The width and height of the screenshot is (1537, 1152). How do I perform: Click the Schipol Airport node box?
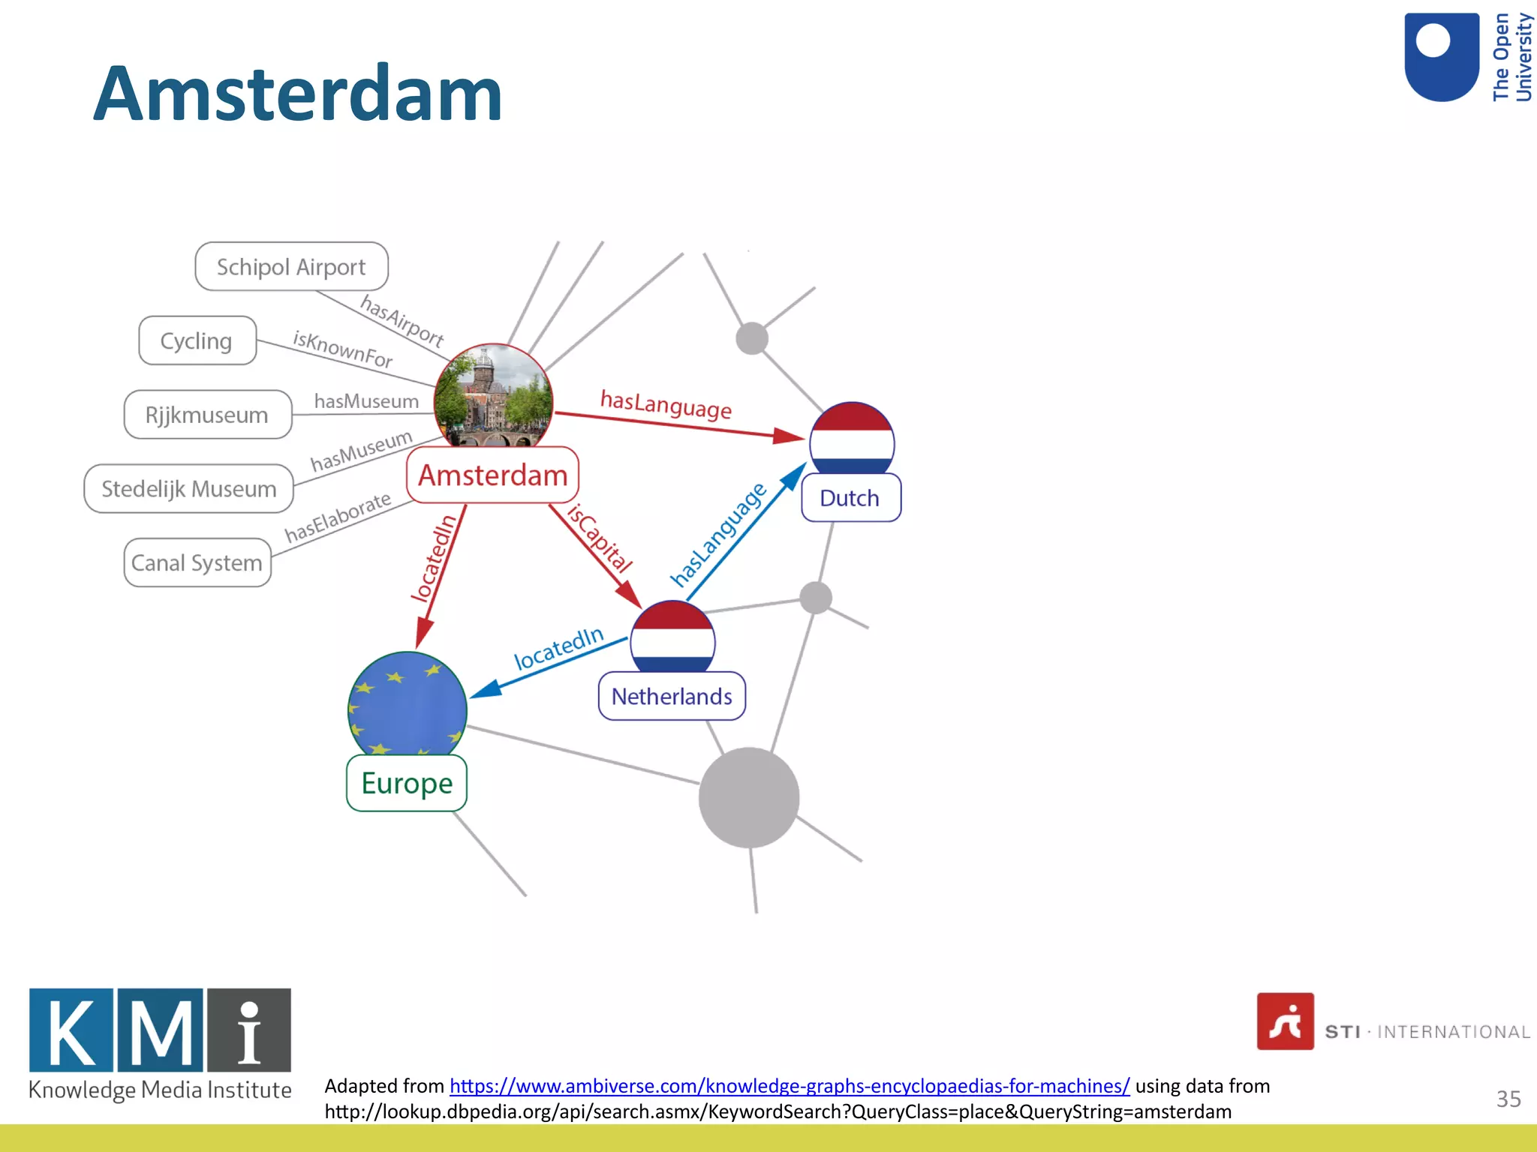pyautogui.click(x=291, y=266)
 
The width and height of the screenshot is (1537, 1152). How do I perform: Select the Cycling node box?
pyautogui.click(x=197, y=340)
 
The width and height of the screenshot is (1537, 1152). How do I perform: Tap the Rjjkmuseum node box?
pyautogui.click(x=207, y=414)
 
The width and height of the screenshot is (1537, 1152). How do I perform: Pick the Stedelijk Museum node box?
pyautogui.click(x=188, y=488)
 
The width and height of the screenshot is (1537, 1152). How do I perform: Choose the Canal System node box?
pyautogui.click(x=197, y=562)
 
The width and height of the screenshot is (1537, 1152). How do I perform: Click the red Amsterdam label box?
pyautogui.click(x=492, y=475)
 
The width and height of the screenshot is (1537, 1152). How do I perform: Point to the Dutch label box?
pyautogui.click(x=850, y=498)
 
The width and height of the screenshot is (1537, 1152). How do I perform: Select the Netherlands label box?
pyautogui.click(x=671, y=696)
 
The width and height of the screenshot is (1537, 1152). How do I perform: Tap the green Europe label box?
pyautogui.click(x=407, y=783)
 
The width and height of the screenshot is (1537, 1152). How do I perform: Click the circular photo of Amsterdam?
pyautogui.click(x=493, y=397)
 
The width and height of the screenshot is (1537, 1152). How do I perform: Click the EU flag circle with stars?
pyautogui.click(x=407, y=705)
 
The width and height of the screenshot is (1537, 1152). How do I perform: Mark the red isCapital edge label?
pyautogui.click(x=600, y=538)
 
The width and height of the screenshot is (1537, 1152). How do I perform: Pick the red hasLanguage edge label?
pyautogui.click(x=666, y=405)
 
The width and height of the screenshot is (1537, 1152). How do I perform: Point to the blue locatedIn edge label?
pyautogui.click(x=558, y=648)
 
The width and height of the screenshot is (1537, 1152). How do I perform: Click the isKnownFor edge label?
pyautogui.click(x=343, y=349)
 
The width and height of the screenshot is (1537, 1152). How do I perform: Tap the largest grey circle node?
pyautogui.click(x=748, y=797)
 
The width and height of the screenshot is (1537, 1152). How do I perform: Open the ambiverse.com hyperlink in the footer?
pyautogui.click(x=790, y=1085)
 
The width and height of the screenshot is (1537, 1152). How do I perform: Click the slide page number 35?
pyautogui.click(x=1508, y=1099)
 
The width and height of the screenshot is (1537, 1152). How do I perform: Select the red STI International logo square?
pyautogui.click(x=1285, y=1021)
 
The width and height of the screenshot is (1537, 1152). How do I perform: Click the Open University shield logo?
pyautogui.click(x=1442, y=57)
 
